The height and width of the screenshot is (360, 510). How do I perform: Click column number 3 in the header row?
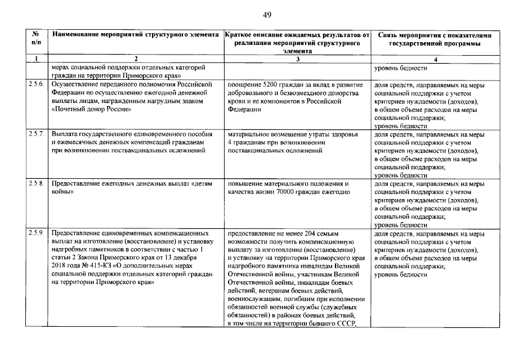pyautogui.click(x=297, y=59)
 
